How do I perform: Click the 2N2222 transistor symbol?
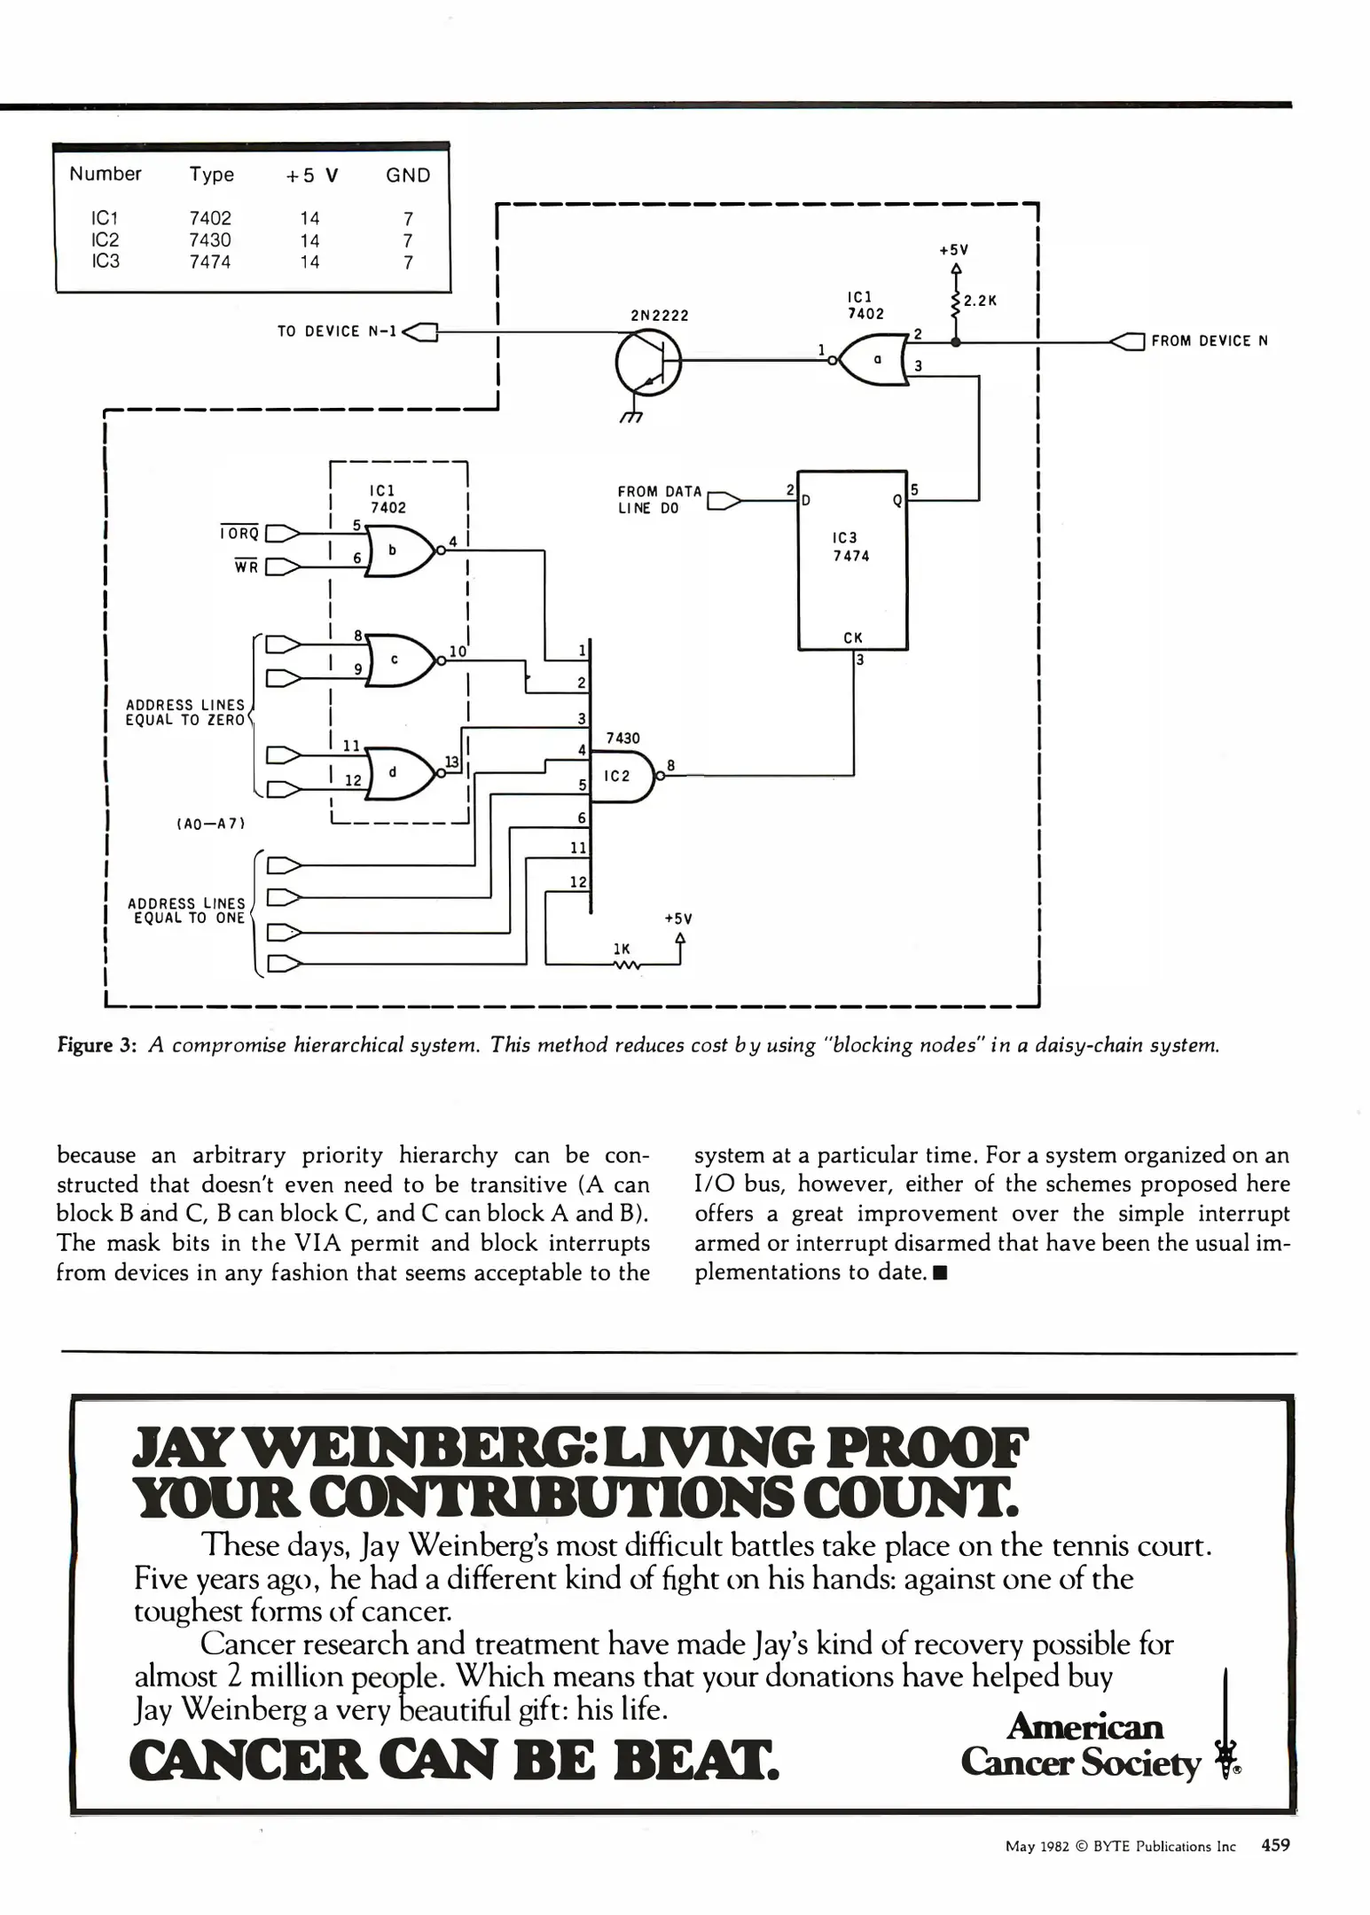[648, 362]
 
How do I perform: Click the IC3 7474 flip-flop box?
[852, 560]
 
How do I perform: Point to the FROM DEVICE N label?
[1209, 341]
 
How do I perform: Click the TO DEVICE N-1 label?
[336, 332]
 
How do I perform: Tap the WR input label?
[246, 567]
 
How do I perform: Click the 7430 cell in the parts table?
[209, 240]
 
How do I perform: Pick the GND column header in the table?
[408, 176]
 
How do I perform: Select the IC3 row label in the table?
[106, 262]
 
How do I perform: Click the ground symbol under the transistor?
[631, 417]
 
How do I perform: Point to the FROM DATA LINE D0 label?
[660, 500]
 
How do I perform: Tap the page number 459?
[1275, 1846]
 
